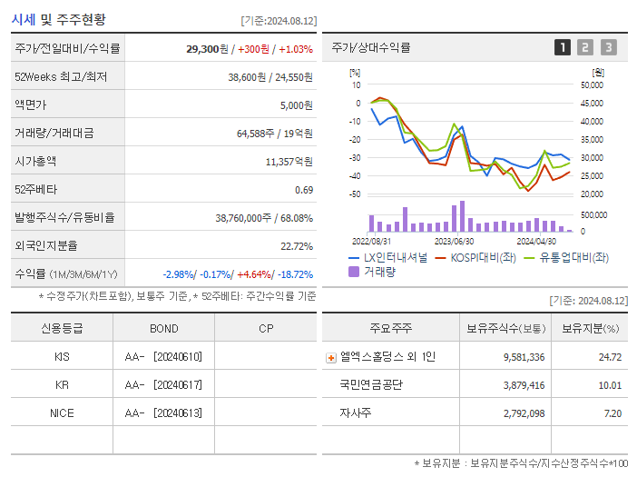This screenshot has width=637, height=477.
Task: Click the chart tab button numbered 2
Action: [585, 47]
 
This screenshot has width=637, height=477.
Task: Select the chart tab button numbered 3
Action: [608, 47]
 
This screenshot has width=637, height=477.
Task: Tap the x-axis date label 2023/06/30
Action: [454, 242]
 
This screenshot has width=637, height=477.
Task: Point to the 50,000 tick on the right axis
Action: [591, 84]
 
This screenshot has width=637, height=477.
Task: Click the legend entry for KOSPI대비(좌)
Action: [470, 257]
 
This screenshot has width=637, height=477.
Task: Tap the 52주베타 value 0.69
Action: [304, 190]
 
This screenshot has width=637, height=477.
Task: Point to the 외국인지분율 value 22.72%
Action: [297, 246]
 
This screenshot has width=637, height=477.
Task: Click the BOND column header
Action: [163, 328]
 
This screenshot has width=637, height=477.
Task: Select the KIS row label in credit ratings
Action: [62, 357]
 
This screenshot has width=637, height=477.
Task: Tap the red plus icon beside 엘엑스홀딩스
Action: [331, 358]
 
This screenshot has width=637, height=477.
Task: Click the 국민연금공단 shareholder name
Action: [371, 385]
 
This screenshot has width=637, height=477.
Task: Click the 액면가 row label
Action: [31, 105]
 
